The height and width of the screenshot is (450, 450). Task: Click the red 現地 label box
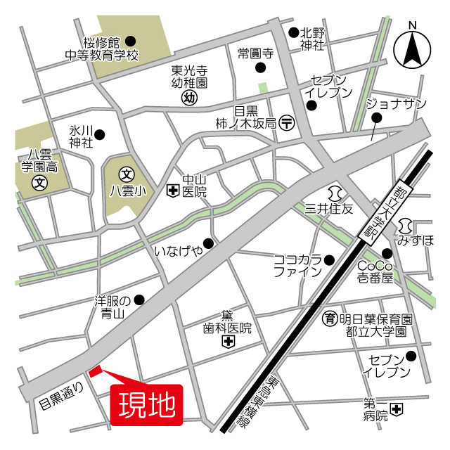click(147, 404)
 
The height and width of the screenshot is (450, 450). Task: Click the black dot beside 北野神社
click(293, 32)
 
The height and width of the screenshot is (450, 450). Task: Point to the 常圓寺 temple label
click(255, 53)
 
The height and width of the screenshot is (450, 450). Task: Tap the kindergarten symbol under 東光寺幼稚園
click(188, 98)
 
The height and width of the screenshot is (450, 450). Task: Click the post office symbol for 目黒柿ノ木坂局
click(287, 122)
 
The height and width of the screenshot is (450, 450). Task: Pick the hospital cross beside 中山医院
click(172, 191)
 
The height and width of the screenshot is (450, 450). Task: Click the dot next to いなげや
click(207, 243)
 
